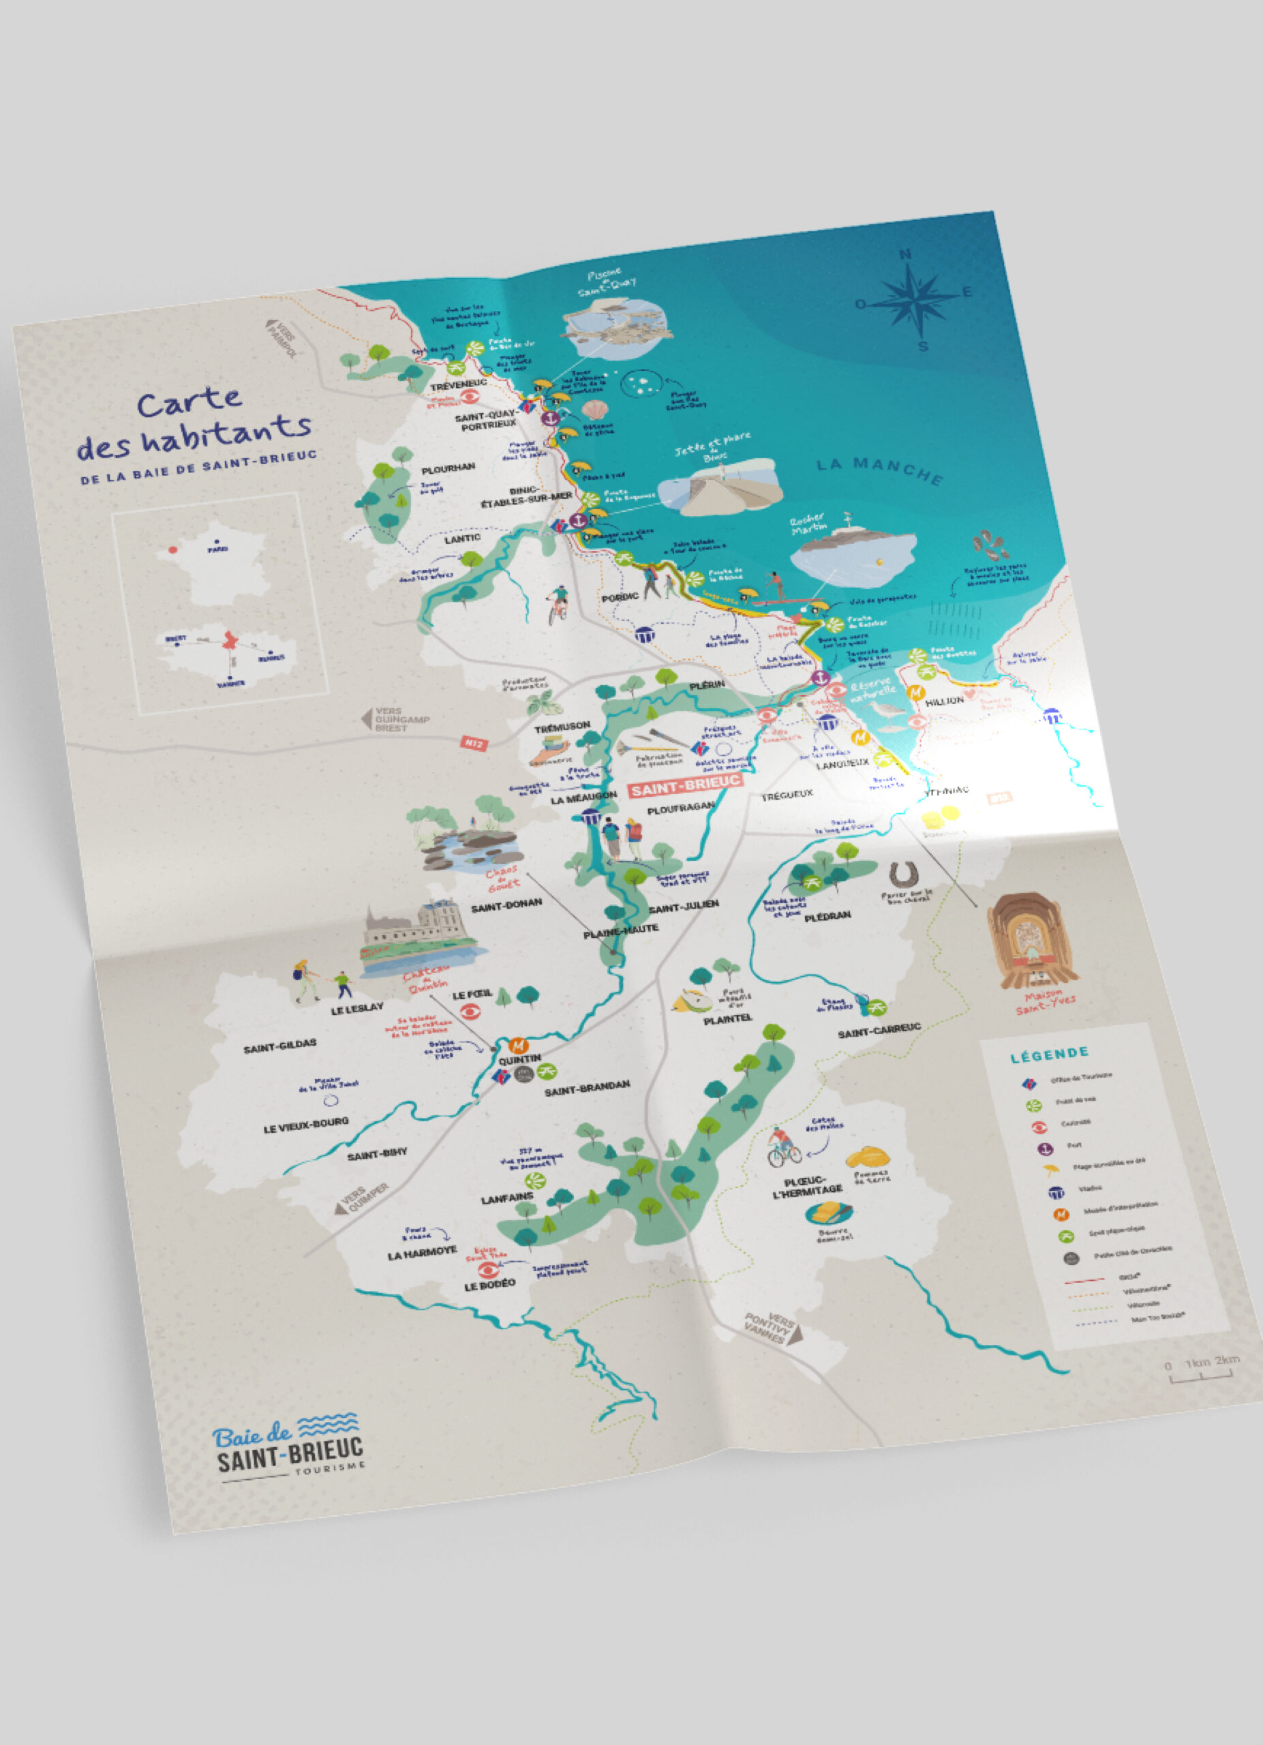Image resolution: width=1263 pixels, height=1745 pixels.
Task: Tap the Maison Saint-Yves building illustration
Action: [1029, 940]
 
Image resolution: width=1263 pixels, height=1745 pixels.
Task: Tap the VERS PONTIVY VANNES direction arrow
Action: [772, 1327]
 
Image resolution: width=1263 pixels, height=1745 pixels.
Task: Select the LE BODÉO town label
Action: [489, 1285]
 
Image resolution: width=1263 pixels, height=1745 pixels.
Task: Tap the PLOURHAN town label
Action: [448, 468]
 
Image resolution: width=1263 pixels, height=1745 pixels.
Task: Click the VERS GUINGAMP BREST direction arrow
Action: [367, 719]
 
